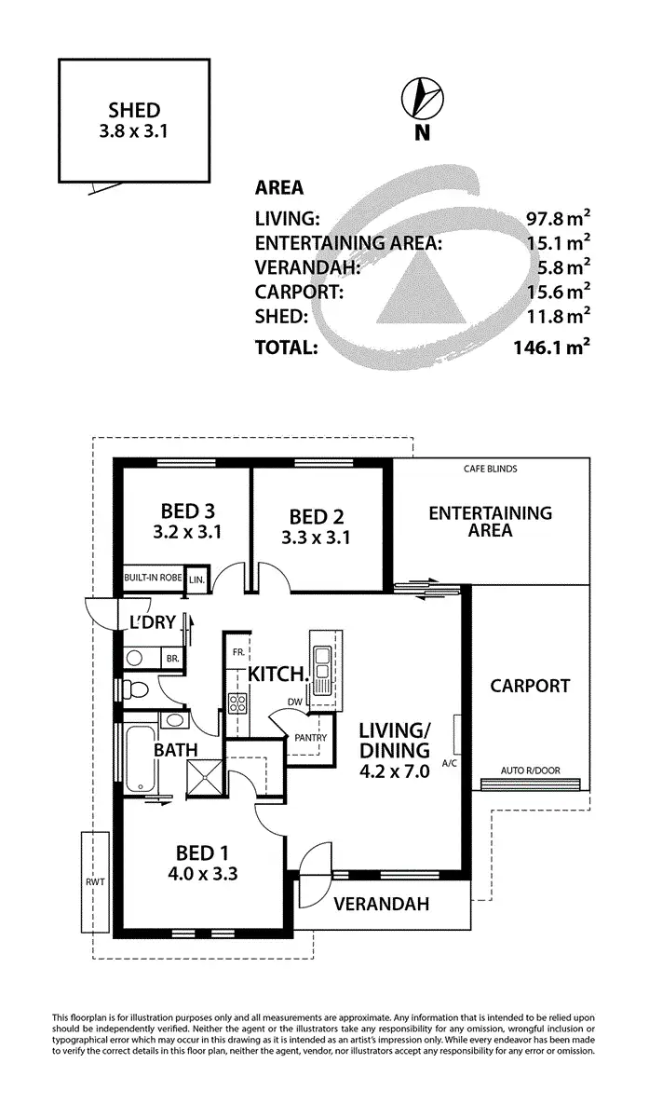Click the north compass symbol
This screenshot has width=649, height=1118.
click(x=422, y=98)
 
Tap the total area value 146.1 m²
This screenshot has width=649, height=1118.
click(x=548, y=348)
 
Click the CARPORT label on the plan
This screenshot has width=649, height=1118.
click(x=530, y=686)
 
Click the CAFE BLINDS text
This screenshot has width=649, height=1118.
click(x=490, y=470)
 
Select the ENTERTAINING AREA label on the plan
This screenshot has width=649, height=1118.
click(x=490, y=521)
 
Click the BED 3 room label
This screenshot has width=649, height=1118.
click(x=187, y=511)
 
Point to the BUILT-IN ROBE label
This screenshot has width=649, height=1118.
click(x=152, y=578)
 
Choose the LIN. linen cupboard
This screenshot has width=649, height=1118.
click(x=196, y=579)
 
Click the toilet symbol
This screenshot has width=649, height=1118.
click(x=137, y=690)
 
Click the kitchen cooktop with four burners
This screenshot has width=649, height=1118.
click(x=237, y=703)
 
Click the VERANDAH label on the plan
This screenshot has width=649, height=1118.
click(x=381, y=903)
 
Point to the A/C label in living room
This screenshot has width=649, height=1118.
click(x=449, y=763)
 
